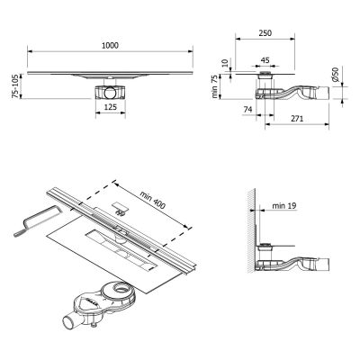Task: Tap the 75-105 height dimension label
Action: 11,87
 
